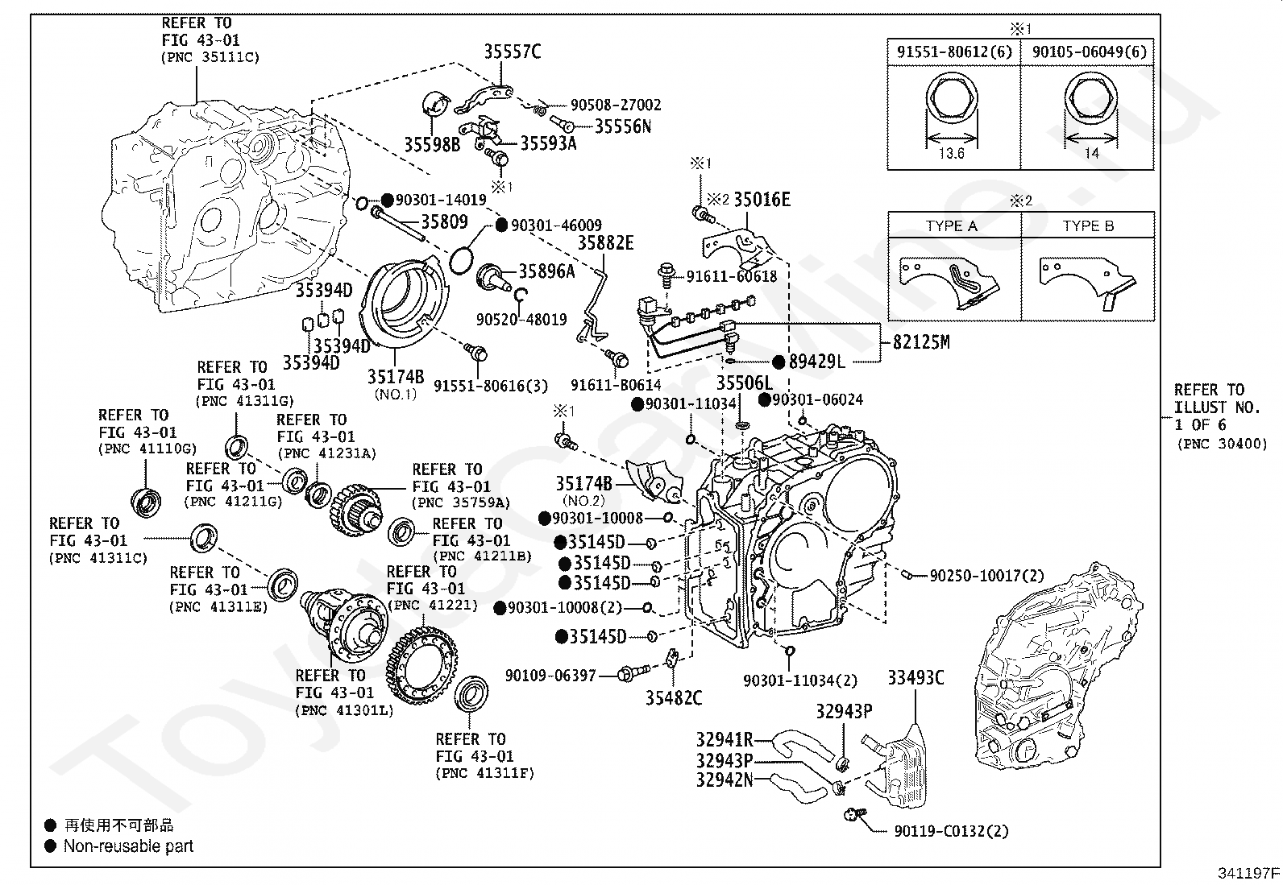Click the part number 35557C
pyautogui.click(x=512, y=52)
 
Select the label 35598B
pyautogui.click(x=432, y=144)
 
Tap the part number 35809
pyautogui.click(x=444, y=221)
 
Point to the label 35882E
pyautogui.click(x=605, y=243)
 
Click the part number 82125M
pyautogui.click(x=920, y=342)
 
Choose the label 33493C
pyautogui.click(x=916, y=678)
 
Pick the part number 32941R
pyautogui.click(x=725, y=740)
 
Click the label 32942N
pyautogui.click(x=725, y=780)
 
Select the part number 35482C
pyautogui.click(x=674, y=697)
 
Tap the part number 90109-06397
pyautogui.click(x=550, y=676)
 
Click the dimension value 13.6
pyautogui.click(x=951, y=153)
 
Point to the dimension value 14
pyautogui.click(x=1091, y=153)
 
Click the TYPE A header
pyautogui.click(x=952, y=226)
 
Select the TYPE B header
pyautogui.click(x=1088, y=226)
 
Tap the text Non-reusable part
pyautogui.click(x=129, y=846)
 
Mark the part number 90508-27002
pyautogui.click(x=616, y=105)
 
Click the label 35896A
pyautogui.click(x=546, y=271)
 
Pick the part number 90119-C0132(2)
pyautogui.click(x=952, y=831)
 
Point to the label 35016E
pyautogui.click(x=762, y=200)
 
